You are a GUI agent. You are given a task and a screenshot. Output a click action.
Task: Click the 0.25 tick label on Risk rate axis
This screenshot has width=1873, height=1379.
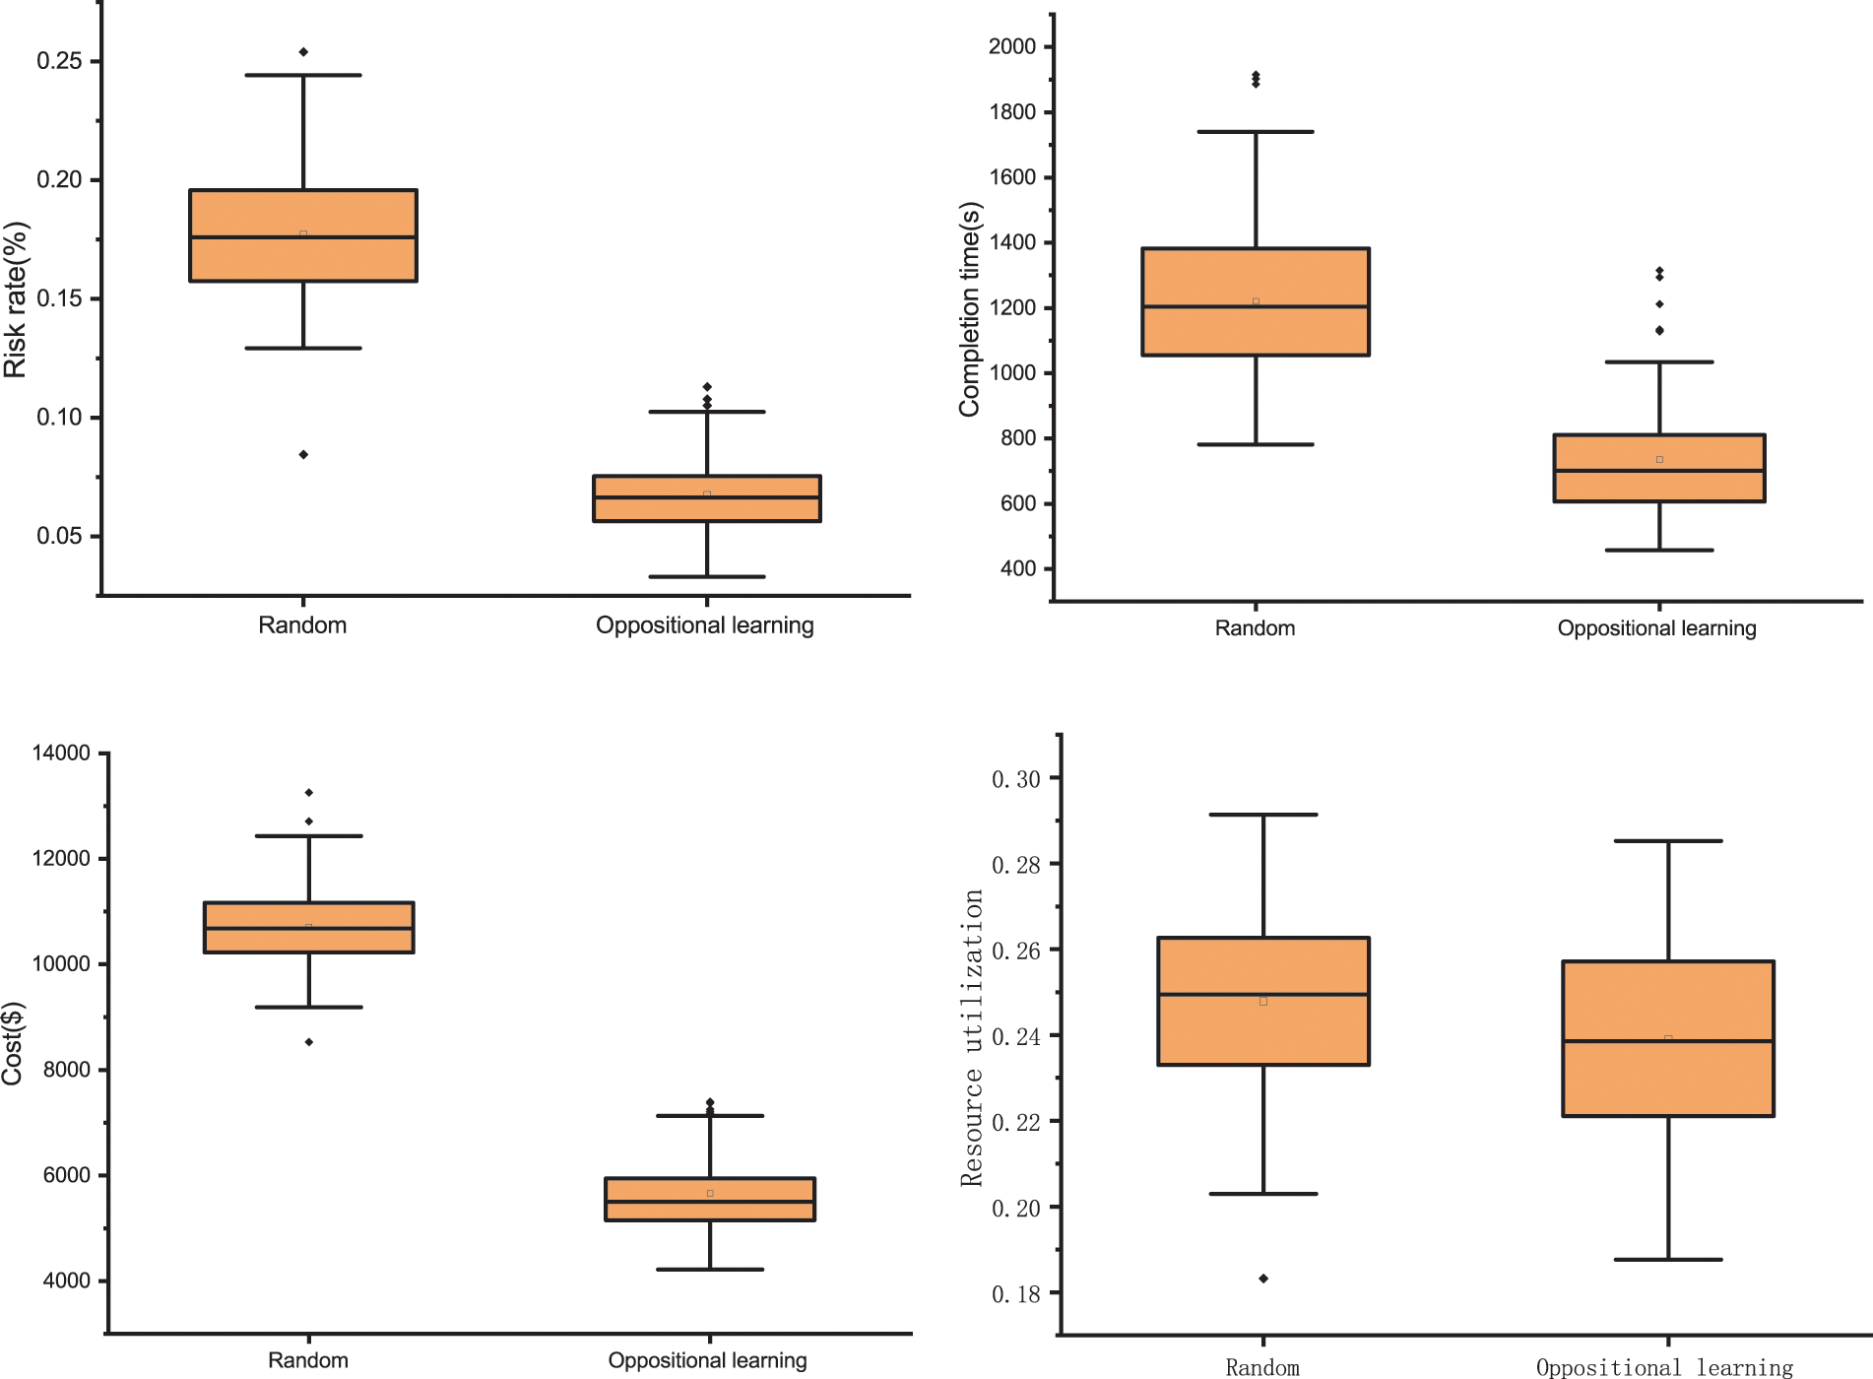[x=59, y=61]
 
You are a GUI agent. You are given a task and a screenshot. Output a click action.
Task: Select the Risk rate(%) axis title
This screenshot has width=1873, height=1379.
[x=16, y=299]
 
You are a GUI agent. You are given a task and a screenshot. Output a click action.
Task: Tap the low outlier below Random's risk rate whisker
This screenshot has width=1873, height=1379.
[x=303, y=454]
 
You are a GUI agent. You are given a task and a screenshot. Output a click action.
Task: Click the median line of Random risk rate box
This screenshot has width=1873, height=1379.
[x=303, y=237]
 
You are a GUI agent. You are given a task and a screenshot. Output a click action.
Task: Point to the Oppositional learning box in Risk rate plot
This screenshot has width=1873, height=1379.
[x=706, y=498]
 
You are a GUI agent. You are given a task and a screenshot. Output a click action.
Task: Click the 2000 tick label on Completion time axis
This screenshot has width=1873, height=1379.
[x=1012, y=46]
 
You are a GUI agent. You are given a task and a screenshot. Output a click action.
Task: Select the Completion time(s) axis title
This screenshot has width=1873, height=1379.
[x=970, y=308]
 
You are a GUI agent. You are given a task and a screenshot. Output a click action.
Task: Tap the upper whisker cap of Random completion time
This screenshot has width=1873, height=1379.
[x=1256, y=132]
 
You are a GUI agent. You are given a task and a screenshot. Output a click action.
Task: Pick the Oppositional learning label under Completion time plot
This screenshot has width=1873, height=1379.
[x=1656, y=628]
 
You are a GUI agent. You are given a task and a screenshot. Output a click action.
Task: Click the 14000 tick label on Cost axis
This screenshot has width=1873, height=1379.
[x=61, y=754]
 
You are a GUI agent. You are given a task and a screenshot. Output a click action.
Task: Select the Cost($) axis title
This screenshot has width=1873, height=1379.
[x=12, y=1043]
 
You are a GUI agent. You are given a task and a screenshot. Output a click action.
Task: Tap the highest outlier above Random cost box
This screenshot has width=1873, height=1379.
[x=309, y=793]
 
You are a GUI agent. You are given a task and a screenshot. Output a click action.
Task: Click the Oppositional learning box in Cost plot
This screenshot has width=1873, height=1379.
[x=710, y=1199]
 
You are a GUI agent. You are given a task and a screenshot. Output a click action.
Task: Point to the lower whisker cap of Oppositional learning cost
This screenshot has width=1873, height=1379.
[x=710, y=1270]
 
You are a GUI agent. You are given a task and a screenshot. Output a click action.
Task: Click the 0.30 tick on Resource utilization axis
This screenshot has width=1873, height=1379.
[x=1015, y=779]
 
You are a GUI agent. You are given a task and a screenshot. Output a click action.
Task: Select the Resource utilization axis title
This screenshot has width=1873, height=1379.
[x=972, y=1038]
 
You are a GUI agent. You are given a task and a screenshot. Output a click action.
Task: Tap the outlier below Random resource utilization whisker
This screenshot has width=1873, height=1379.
[x=1263, y=1279]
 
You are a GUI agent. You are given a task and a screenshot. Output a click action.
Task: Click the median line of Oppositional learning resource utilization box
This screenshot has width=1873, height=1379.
[x=1668, y=1041]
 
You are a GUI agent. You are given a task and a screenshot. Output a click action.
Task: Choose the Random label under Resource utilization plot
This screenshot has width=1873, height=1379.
[x=1262, y=1367]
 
